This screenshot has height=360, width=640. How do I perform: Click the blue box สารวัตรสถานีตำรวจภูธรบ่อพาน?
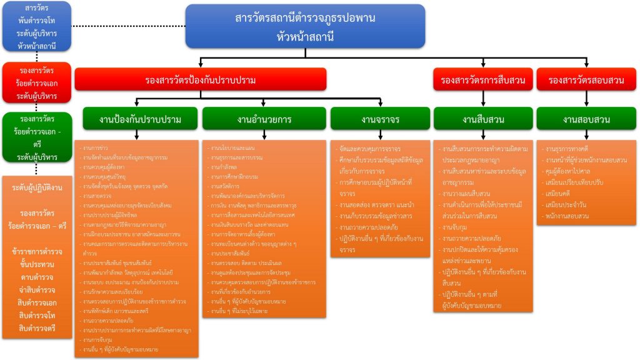[x=305, y=27]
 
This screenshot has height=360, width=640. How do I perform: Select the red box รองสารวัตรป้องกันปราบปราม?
[x=200, y=80]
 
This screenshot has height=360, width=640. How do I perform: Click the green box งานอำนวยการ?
[x=264, y=119]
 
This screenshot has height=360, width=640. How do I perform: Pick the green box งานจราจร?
[x=380, y=119]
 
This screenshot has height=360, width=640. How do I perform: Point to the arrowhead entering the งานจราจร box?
[x=380, y=105]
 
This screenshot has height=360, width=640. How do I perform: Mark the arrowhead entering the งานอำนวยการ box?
[x=264, y=105]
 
